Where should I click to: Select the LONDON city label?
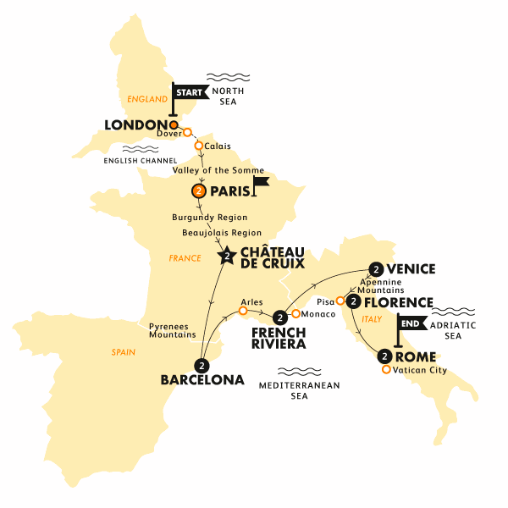133,124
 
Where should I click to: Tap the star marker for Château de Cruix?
226,255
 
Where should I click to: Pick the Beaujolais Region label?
218,232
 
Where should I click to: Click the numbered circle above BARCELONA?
202,366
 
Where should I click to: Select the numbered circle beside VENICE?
376,269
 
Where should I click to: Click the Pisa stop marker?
340,301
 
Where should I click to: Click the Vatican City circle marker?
387,369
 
